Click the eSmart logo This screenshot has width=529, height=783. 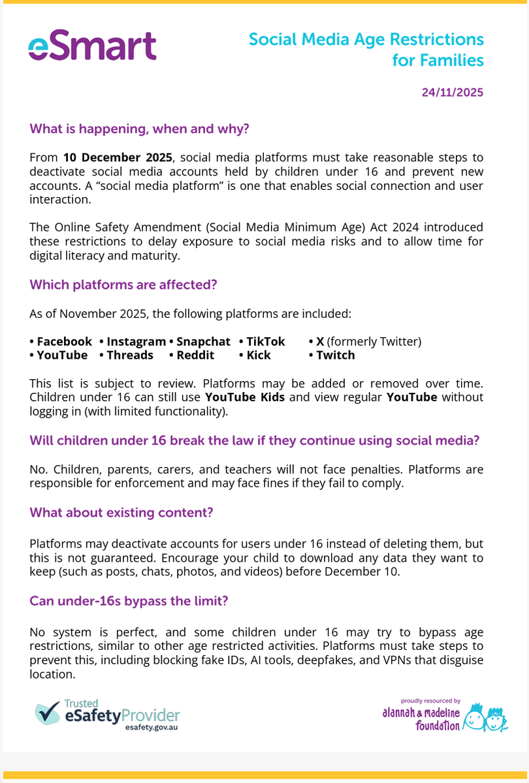tap(92, 46)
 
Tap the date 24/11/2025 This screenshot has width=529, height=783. tap(452, 93)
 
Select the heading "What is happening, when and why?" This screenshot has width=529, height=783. tap(139, 129)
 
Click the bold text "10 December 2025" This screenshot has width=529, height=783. tap(118, 157)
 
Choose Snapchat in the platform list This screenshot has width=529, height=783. tap(203, 341)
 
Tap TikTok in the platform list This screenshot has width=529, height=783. tap(265, 341)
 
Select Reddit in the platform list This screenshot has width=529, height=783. tap(195, 355)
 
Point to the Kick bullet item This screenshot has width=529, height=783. tap(258, 355)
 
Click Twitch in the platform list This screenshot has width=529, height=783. tap(335, 355)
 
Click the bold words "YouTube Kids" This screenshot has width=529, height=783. tap(245, 397)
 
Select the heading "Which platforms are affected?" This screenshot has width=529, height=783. tap(123, 284)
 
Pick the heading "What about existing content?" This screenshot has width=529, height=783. tap(121, 512)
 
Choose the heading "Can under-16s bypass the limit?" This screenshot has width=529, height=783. tap(129, 600)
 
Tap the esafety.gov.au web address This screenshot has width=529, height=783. tap(152, 726)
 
